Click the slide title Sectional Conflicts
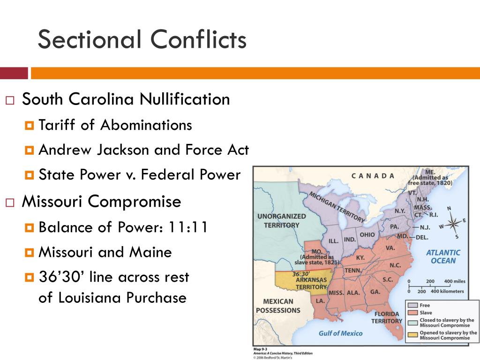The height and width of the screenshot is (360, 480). [x=142, y=39]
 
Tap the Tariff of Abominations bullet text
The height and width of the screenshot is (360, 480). [x=115, y=125]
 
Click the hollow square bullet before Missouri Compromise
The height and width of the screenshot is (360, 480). [x=10, y=202]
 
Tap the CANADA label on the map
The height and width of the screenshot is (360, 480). [x=373, y=176]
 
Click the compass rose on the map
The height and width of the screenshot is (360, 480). [x=453, y=223]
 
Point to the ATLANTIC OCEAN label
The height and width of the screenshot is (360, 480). [x=443, y=256]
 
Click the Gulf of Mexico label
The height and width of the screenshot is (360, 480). [x=340, y=333]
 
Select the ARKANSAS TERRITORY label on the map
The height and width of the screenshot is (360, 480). [x=311, y=283]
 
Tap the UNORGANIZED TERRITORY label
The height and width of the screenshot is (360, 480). [x=281, y=221]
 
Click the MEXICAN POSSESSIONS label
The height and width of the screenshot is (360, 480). [x=278, y=306]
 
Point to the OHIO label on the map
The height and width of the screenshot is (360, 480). [x=367, y=235]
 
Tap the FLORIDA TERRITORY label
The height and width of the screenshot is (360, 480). [x=387, y=317]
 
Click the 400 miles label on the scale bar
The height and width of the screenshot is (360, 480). [x=455, y=281]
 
